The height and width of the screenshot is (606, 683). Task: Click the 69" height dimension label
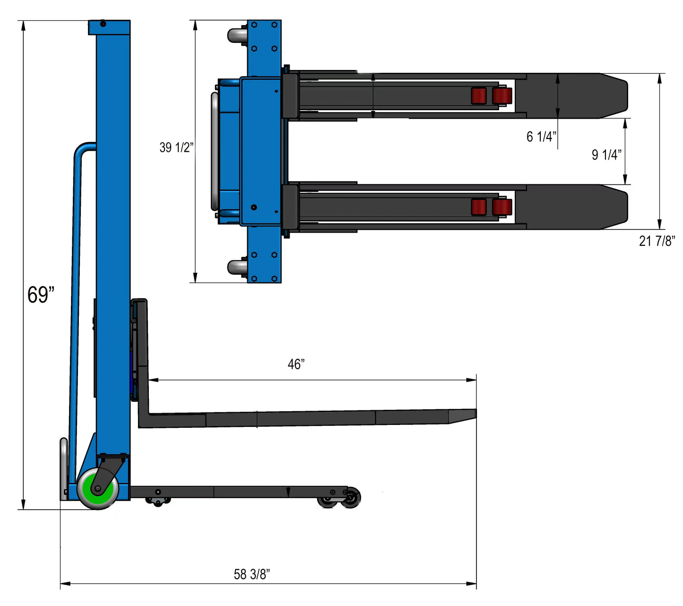[x=41, y=295]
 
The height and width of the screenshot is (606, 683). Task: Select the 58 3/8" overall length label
[x=251, y=574]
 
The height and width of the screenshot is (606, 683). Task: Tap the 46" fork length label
[x=296, y=364]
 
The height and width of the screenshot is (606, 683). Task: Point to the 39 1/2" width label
[x=176, y=147]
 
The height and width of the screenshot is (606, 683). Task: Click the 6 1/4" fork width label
[x=541, y=137]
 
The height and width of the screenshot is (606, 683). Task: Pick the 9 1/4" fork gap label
[x=606, y=155]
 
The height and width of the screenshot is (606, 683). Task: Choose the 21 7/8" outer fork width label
[x=657, y=241]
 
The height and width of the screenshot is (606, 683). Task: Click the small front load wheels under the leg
[x=339, y=499]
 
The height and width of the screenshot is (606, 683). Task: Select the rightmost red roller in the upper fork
[x=502, y=96]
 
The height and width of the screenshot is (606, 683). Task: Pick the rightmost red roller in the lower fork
[x=502, y=207]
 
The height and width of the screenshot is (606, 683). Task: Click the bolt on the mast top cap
[x=103, y=24]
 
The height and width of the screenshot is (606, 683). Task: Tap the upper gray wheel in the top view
[x=237, y=36]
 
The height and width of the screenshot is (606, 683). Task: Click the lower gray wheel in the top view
[x=237, y=267]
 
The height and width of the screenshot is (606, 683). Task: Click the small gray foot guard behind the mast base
[x=63, y=468]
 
